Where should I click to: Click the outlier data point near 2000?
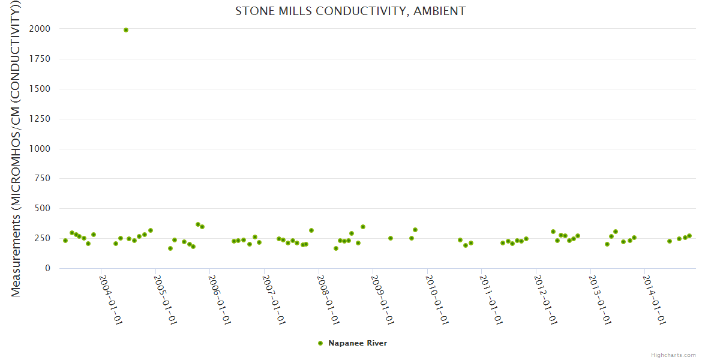pos(126,30)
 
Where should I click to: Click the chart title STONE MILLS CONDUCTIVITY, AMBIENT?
pos(350,11)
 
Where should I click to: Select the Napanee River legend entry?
pos(357,343)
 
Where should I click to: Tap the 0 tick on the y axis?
pos(47,268)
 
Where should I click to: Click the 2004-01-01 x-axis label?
pos(110,299)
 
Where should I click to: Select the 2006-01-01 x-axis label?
pos(219,299)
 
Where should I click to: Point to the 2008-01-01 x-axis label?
pos(328,299)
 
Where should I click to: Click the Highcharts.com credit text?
pos(673,355)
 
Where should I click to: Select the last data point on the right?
pos(689,236)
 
